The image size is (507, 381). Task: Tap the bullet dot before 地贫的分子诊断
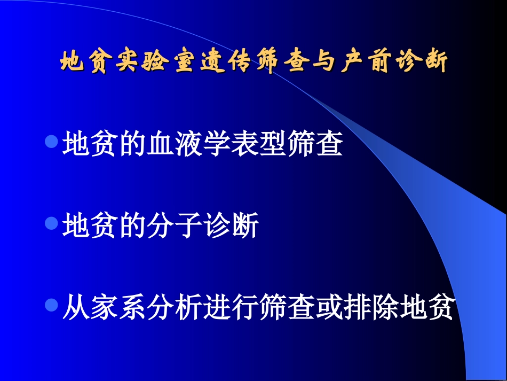[52, 223]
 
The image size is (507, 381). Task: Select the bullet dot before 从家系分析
[52, 306]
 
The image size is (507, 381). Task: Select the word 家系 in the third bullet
[118, 308]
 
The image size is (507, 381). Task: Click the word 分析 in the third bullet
[174, 308]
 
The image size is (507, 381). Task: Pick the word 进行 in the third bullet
[230, 308]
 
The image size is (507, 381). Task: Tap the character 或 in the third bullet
[328, 308]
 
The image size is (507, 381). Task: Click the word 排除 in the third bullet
[370, 308]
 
